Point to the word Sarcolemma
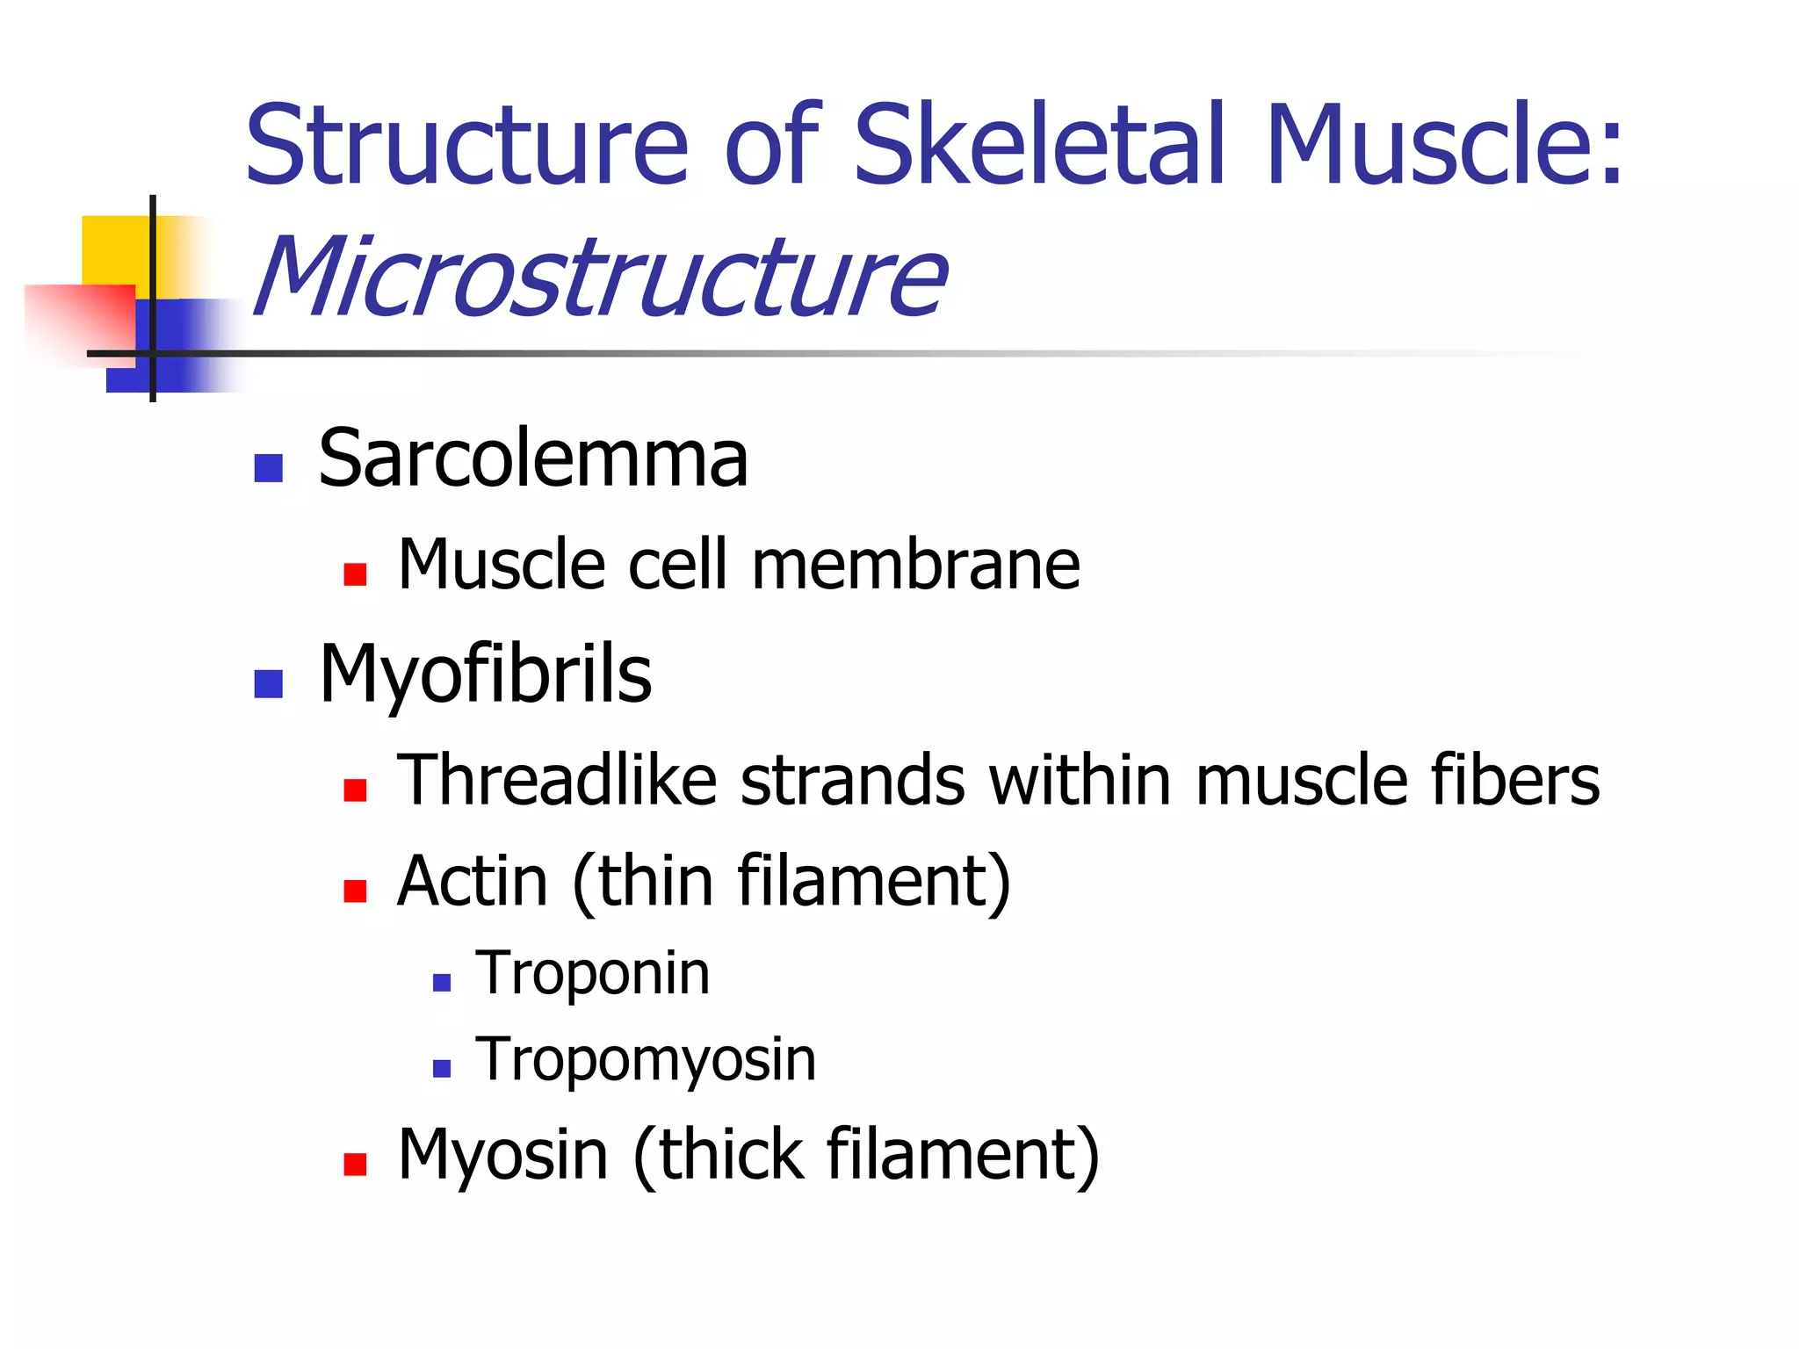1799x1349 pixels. click(x=533, y=458)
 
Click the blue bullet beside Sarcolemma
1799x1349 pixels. click(x=268, y=468)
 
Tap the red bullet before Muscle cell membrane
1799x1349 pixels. click(x=355, y=574)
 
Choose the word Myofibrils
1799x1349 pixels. click(x=485, y=674)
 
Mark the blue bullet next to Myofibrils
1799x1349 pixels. click(x=268, y=683)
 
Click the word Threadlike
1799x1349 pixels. click(x=557, y=780)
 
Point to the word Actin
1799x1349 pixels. click(x=473, y=881)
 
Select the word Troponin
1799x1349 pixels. click(x=593, y=974)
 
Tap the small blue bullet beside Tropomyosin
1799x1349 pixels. click(x=442, y=1069)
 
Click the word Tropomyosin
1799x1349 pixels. click(x=646, y=1060)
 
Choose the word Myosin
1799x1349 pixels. click(x=502, y=1154)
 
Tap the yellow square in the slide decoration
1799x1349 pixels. click(x=114, y=250)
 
